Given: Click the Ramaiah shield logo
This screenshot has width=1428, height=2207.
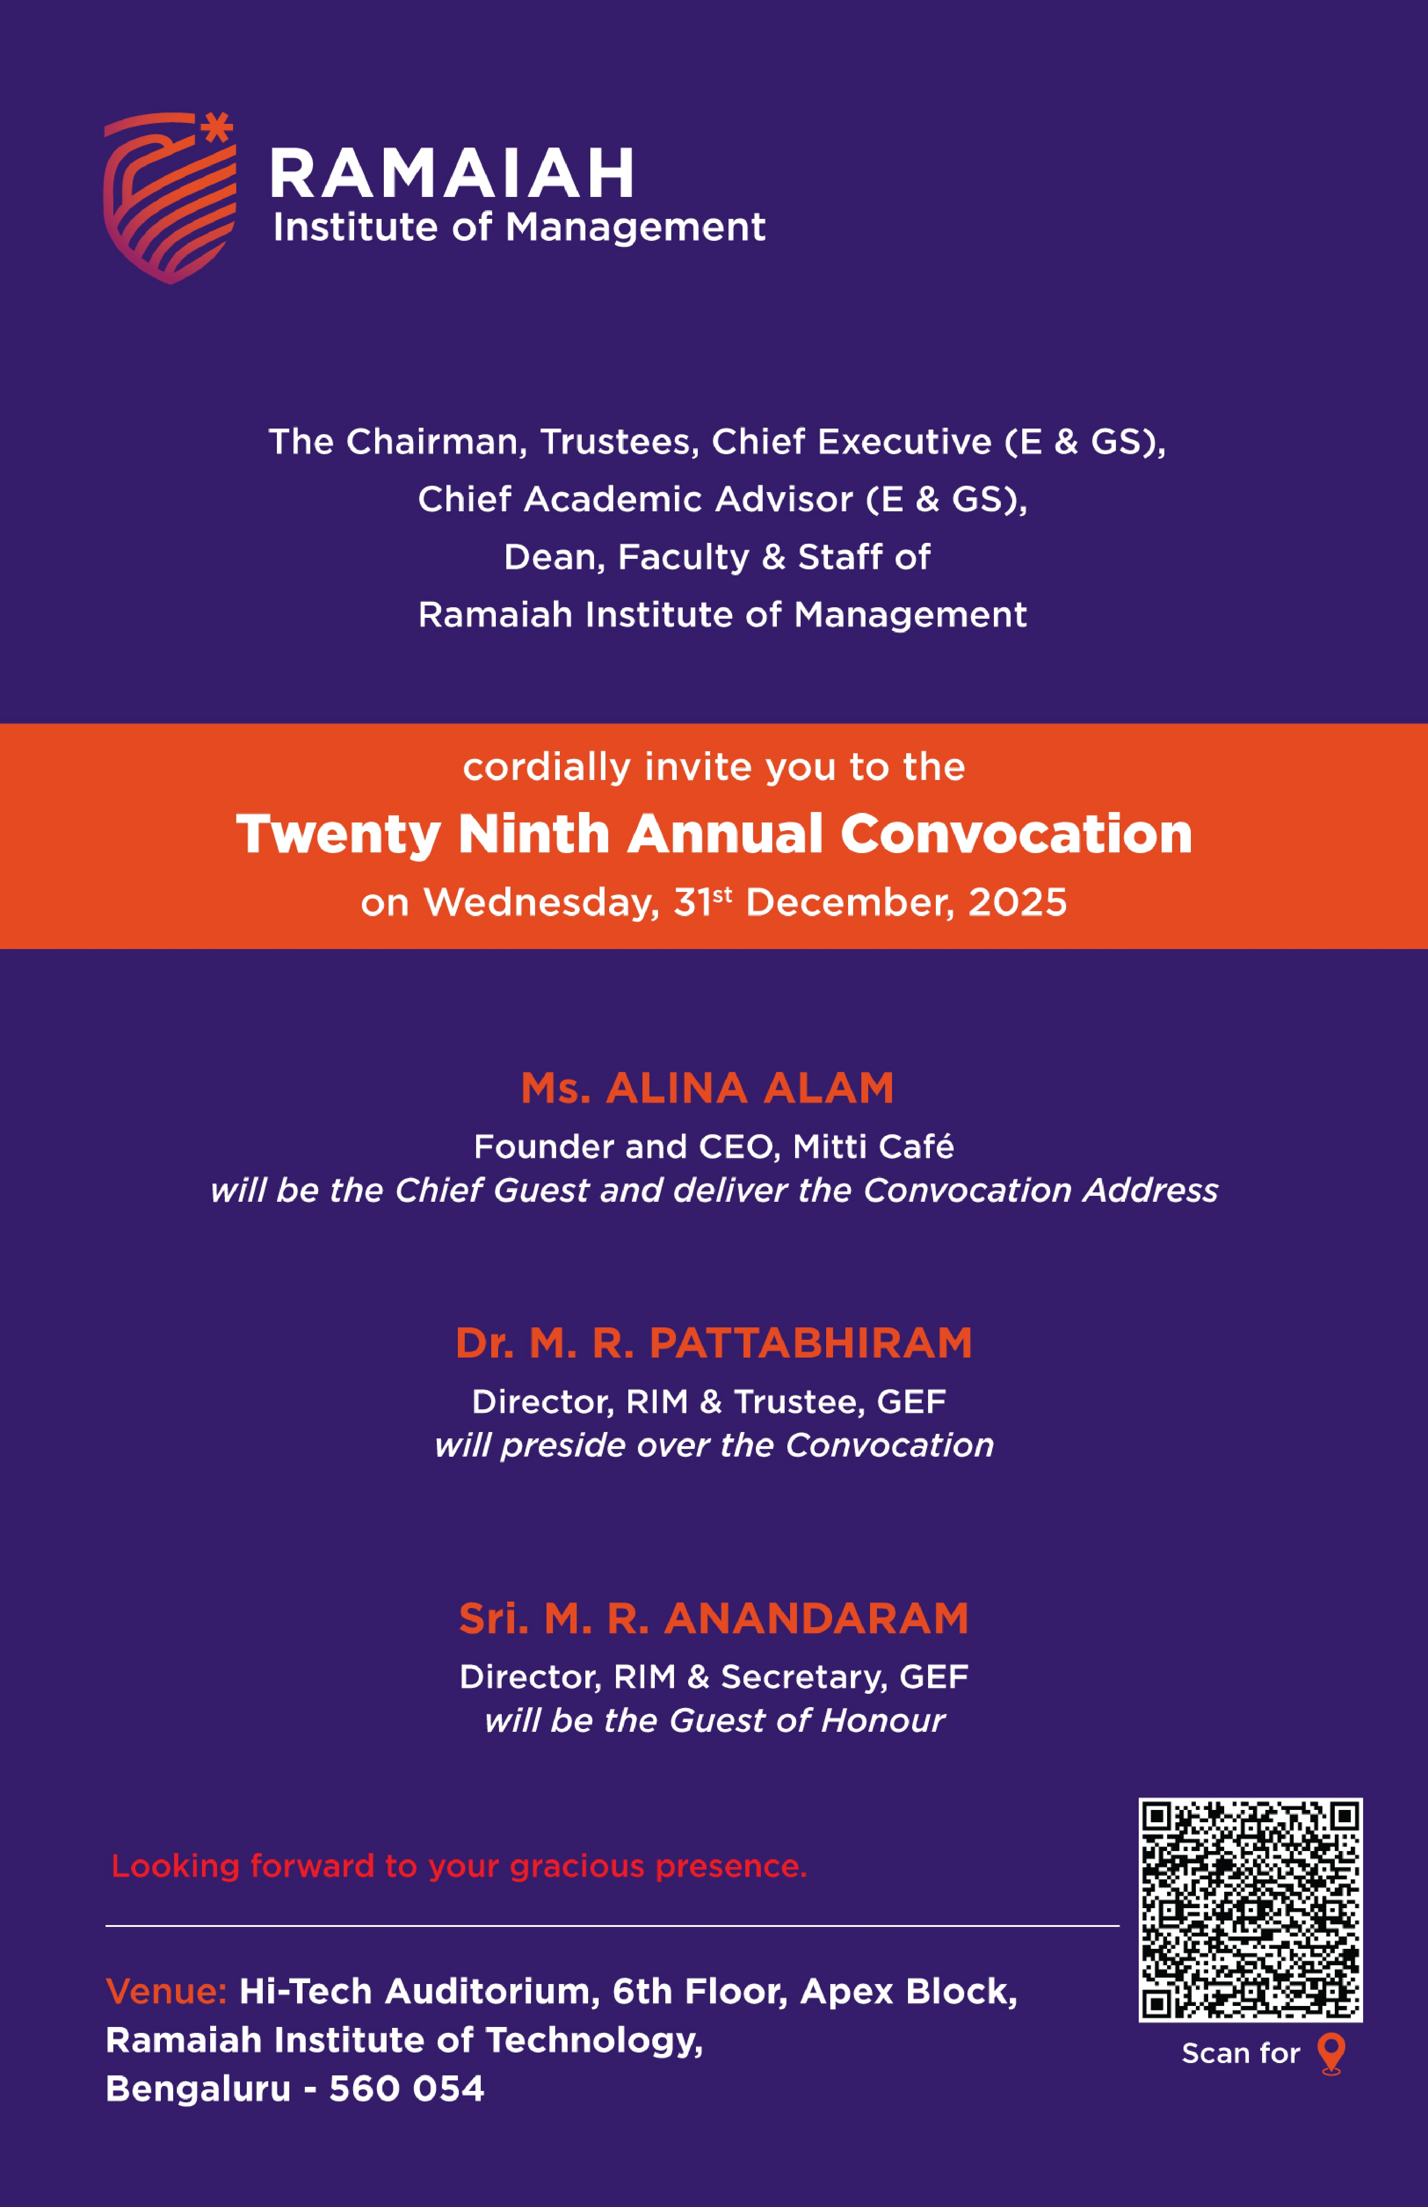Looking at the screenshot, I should [169, 199].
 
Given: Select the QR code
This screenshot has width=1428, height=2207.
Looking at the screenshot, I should [1250, 1910].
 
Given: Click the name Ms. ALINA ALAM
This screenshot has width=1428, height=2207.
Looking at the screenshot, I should [707, 1088].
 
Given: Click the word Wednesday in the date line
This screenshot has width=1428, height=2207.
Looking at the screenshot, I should [541, 902].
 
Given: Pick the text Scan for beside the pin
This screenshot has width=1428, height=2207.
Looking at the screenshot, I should [1241, 2053].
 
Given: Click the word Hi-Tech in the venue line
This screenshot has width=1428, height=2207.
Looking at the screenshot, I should [306, 1991].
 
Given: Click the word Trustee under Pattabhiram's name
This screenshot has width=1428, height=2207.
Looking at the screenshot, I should [798, 1401].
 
